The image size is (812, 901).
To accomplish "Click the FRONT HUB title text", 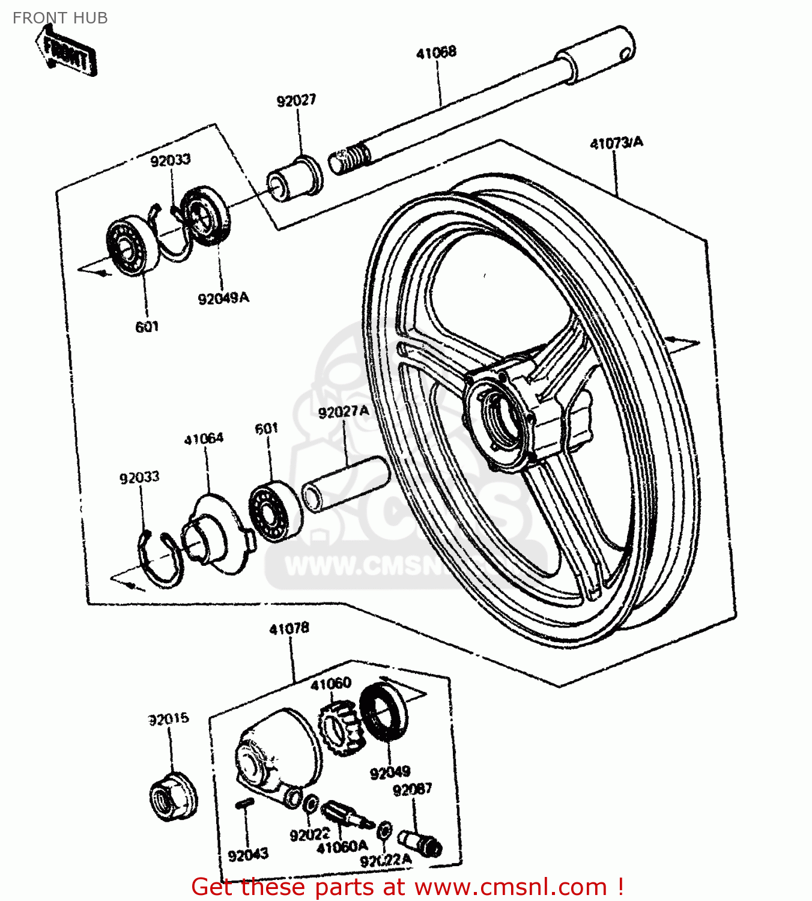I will point(60,18).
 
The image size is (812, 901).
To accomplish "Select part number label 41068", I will point(436,52).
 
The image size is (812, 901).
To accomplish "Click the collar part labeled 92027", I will point(294,177).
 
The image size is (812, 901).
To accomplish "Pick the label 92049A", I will point(223,298).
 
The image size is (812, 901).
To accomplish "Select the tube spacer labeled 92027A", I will point(345,484).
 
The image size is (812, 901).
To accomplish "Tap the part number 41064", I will point(204,439).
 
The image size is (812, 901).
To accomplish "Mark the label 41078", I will point(289,629).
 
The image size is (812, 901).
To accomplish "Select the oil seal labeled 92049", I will point(383,711).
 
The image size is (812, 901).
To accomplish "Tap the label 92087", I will point(412,789).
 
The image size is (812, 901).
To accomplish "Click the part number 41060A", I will point(342,847).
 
